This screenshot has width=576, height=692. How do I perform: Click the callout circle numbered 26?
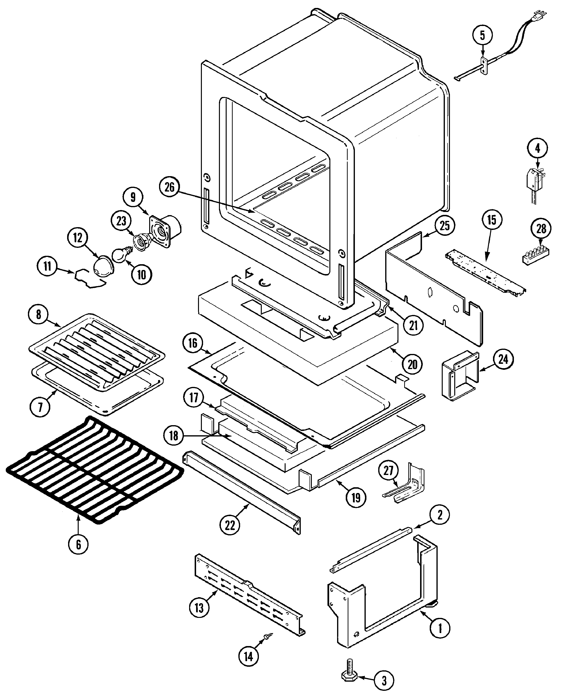point(169,187)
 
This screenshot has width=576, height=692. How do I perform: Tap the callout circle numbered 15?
point(491,220)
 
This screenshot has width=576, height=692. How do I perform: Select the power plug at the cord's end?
point(542,16)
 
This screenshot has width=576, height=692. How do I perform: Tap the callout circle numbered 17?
point(194,398)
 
